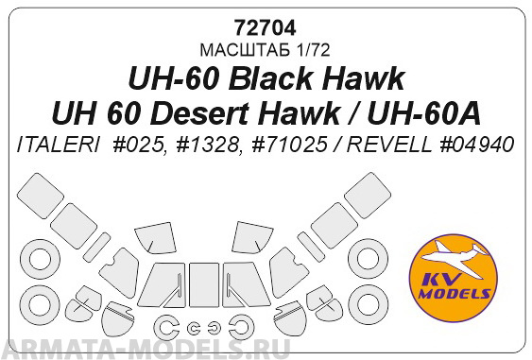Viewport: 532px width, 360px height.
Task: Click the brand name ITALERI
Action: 57,146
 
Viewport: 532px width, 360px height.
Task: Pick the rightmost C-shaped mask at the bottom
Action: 240,328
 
